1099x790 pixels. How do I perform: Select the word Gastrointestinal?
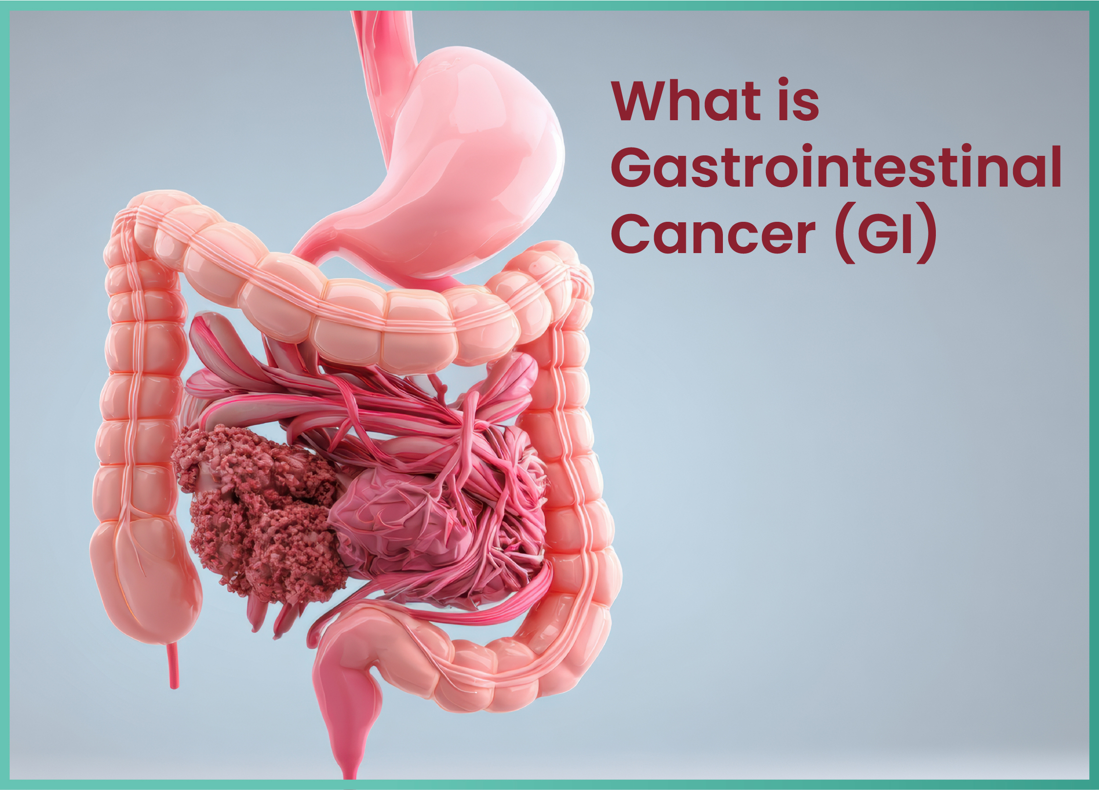click(x=836, y=167)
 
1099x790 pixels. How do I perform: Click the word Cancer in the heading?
click(x=713, y=234)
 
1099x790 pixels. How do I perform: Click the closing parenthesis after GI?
click(x=926, y=234)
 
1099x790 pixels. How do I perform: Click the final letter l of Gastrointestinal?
click(x=1056, y=166)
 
